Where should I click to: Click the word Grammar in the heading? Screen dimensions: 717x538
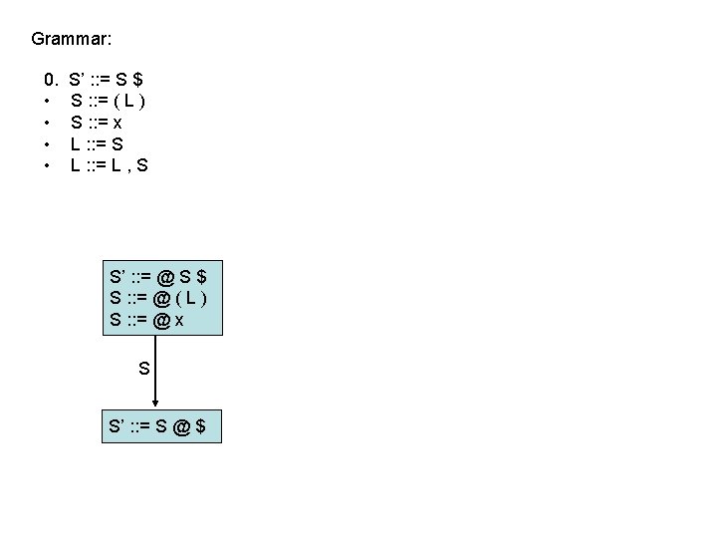pyautogui.click(x=71, y=40)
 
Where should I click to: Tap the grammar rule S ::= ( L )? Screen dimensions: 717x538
pyautogui.click(x=111, y=100)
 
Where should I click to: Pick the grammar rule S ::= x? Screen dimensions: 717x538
pyautogui.click(x=97, y=122)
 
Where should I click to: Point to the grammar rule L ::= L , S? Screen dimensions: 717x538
pyautogui.click(x=110, y=165)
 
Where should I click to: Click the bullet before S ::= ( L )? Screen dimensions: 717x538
pyautogui.click(x=47, y=101)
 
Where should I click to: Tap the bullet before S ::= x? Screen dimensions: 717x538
pyautogui.click(x=47, y=123)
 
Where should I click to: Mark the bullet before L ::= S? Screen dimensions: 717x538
pyautogui.click(x=47, y=144)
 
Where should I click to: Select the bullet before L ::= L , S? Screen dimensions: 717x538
pyautogui.click(x=47, y=166)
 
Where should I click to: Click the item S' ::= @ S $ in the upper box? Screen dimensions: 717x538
pyautogui.click(x=159, y=274)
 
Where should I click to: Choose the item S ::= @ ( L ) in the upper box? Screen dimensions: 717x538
pyautogui.click(x=159, y=297)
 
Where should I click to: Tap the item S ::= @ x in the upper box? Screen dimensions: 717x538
pyautogui.click(x=145, y=320)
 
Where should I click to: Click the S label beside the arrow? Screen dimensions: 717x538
pyautogui.click(x=144, y=368)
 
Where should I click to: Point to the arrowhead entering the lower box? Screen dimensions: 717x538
pyautogui.click(x=162, y=403)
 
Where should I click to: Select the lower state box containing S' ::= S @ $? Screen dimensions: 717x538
pyautogui.click(x=161, y=426)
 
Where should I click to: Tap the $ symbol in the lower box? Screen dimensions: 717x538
pyautogui.click(x=201, y=426)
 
